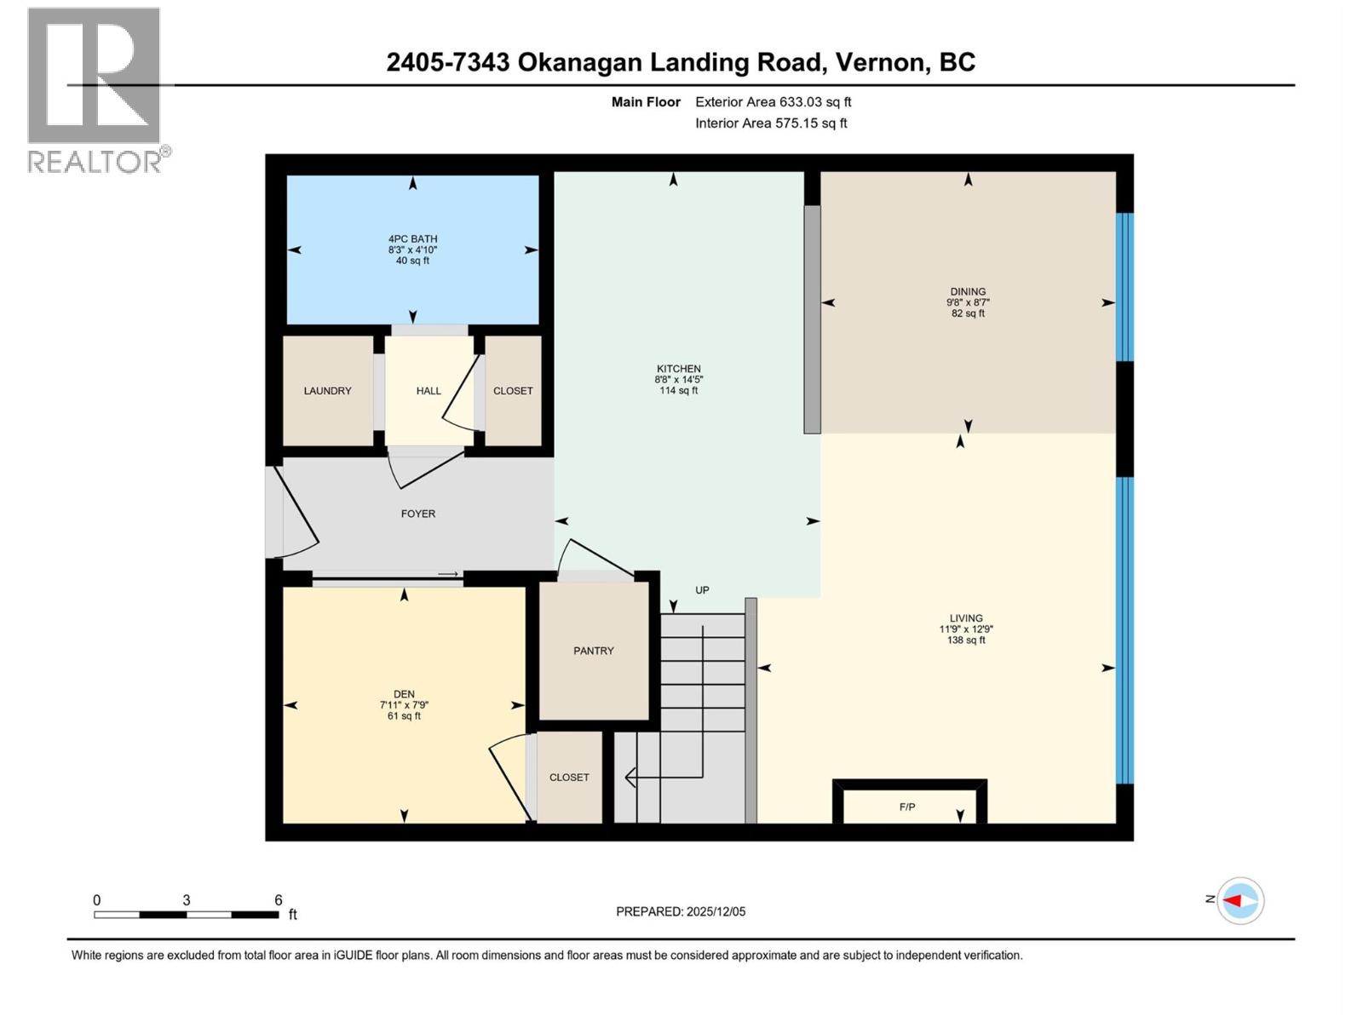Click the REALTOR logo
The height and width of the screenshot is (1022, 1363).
coord(95,89)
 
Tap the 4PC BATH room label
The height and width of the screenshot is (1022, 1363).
coord(412,239)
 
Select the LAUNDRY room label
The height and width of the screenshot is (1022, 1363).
coord(327,391)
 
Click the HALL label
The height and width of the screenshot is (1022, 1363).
coord(428,391)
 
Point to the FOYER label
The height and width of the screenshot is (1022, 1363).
coord(418,514)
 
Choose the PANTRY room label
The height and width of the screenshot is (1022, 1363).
coord(593,651)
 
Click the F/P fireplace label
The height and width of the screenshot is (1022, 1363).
coord(907,807)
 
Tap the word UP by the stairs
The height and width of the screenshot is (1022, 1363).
coord(702,590)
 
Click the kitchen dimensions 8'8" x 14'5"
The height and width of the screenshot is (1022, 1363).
coord(678,380)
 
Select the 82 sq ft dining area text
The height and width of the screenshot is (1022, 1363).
coord(968,313)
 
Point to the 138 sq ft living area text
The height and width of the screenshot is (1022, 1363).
coord(966,640)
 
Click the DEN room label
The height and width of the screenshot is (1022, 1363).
coord(404,694)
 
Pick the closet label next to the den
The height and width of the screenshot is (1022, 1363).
coord(569,778)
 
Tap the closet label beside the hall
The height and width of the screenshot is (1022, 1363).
coord(513,391)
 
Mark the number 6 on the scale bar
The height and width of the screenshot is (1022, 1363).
coord(278,900)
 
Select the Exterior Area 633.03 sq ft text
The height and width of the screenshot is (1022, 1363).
coord(773,102)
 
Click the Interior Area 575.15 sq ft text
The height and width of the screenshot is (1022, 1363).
coord(771,123)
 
